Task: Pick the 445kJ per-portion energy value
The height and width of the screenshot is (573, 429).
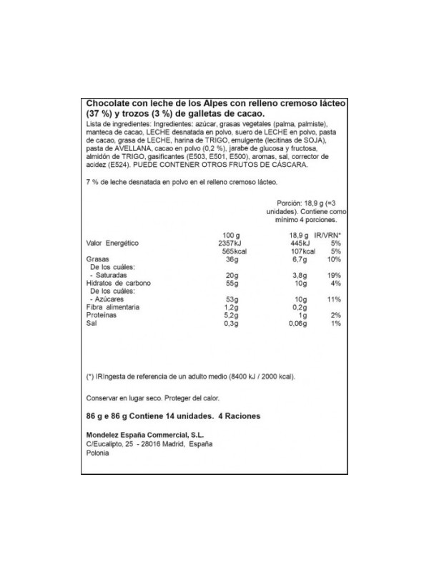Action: pos(303,244)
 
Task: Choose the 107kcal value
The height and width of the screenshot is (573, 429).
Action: pos(303,251)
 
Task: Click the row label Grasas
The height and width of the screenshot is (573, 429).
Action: pos(97,259)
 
